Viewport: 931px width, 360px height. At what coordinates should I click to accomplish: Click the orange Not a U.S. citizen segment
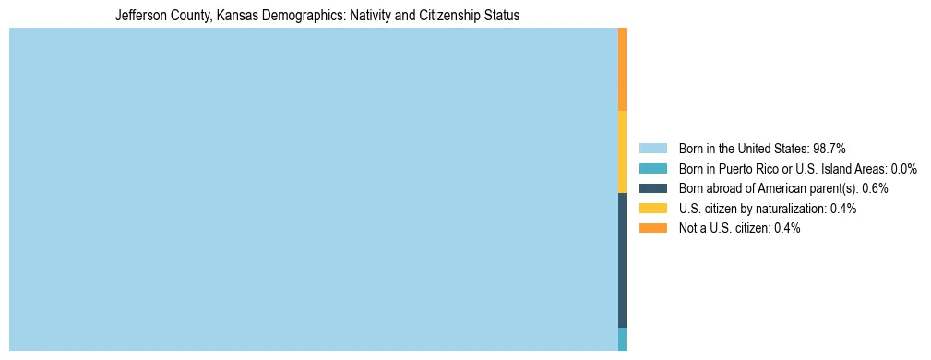pyautogui.click(x=623, y=69)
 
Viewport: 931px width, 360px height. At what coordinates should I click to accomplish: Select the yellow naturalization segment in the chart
pyautogui.click(x=623, y=151)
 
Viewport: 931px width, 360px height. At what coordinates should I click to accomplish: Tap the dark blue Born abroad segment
pyautogui.click(x=623, y=260)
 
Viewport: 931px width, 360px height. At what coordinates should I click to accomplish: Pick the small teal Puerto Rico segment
pyautogui.click(x=623, y=339)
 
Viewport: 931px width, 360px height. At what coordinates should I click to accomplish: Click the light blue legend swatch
pyautogui.click(x=652, y=148)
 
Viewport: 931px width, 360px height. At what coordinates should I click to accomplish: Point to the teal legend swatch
pyautogui.click(x=652, y=168)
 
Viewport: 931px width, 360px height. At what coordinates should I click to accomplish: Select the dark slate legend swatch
pyautogui.click(x=652, y=188)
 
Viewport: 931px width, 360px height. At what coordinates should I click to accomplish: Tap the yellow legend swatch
pyautogui.click(x=652, y=209)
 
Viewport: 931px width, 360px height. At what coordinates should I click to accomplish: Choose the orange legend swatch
pyautogui.click(x=652, y=228)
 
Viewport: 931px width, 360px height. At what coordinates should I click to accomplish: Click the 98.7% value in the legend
pyautogui.click(x=830, y=148)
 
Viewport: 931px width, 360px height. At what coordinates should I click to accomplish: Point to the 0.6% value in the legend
pyautogui.click(x=875, y=188)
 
